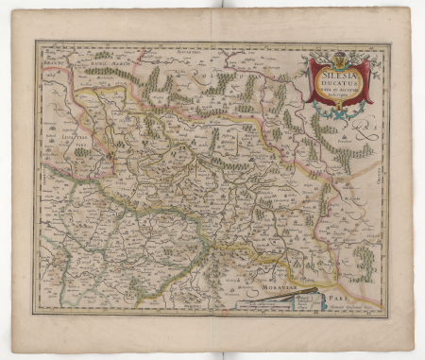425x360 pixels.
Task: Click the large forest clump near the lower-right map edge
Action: tap(364, 260)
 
